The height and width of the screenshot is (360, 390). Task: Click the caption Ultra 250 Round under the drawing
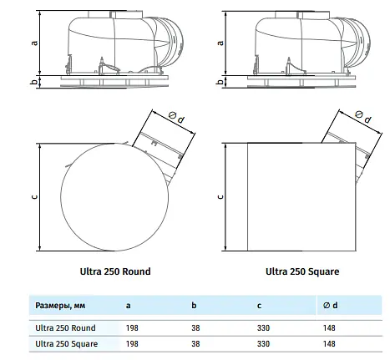click(115, 271)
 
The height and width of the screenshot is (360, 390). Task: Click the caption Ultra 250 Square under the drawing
click(302, 271)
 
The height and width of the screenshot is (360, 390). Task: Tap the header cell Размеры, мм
click(60, 306)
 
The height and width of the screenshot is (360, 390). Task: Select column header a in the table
click(128, 306)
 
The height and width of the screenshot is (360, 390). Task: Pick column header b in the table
click(194, 306)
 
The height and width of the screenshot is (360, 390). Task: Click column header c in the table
click(259, 306)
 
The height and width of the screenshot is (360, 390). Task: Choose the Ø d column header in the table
click(330, 306)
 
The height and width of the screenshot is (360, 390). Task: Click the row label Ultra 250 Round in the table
click(65, 328)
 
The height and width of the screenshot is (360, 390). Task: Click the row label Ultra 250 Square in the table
click(67, 344)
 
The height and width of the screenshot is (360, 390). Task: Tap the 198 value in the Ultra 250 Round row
click(132, 328)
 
